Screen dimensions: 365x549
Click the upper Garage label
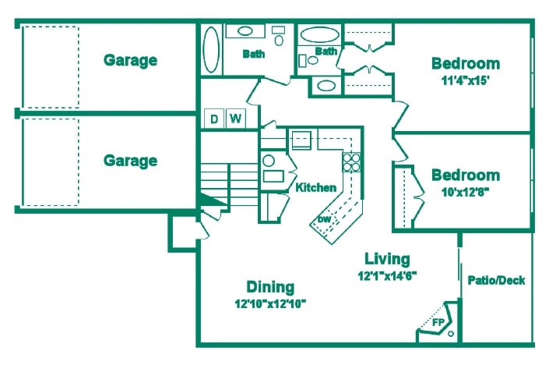point(131,60)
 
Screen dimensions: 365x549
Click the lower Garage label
point(131,161)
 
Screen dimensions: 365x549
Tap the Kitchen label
point(316,187)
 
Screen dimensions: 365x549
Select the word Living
point(387,258)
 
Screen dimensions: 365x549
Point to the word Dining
point(270,286)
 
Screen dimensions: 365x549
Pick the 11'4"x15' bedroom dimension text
point(466,80)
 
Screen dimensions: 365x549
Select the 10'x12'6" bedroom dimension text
point(466,190)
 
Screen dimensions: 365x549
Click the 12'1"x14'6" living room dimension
point(387,275)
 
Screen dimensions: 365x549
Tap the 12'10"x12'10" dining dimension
point(270,303)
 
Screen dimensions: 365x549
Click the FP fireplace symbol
point(438,321)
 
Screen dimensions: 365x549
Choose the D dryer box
point(213,119)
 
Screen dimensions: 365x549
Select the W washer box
point(234,119)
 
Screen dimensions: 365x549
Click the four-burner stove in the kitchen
point(352,162)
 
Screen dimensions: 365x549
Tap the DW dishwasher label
point(324,219)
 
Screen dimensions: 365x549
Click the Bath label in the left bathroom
point(253,54)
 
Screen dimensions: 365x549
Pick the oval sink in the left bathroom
point(245,32)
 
